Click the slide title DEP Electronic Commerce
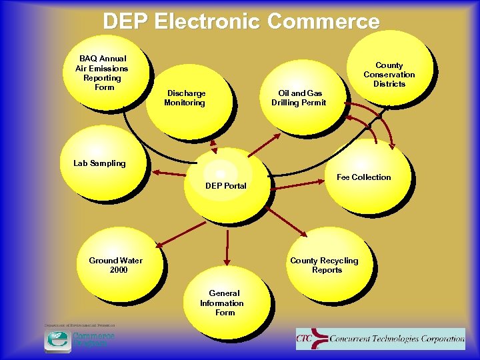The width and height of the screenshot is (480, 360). point(241,21)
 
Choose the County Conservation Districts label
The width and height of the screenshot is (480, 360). point(389,75)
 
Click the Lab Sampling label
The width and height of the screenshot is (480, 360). point(99,163)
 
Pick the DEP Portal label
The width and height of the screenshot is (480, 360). point(225,186)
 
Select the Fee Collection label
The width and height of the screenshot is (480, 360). point(363,177)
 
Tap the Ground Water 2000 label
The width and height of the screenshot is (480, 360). point(115,265)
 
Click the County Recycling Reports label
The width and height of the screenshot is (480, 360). point(324,265)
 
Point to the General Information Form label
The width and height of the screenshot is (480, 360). point(222,303)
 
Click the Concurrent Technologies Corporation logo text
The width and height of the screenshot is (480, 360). point(397,339)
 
